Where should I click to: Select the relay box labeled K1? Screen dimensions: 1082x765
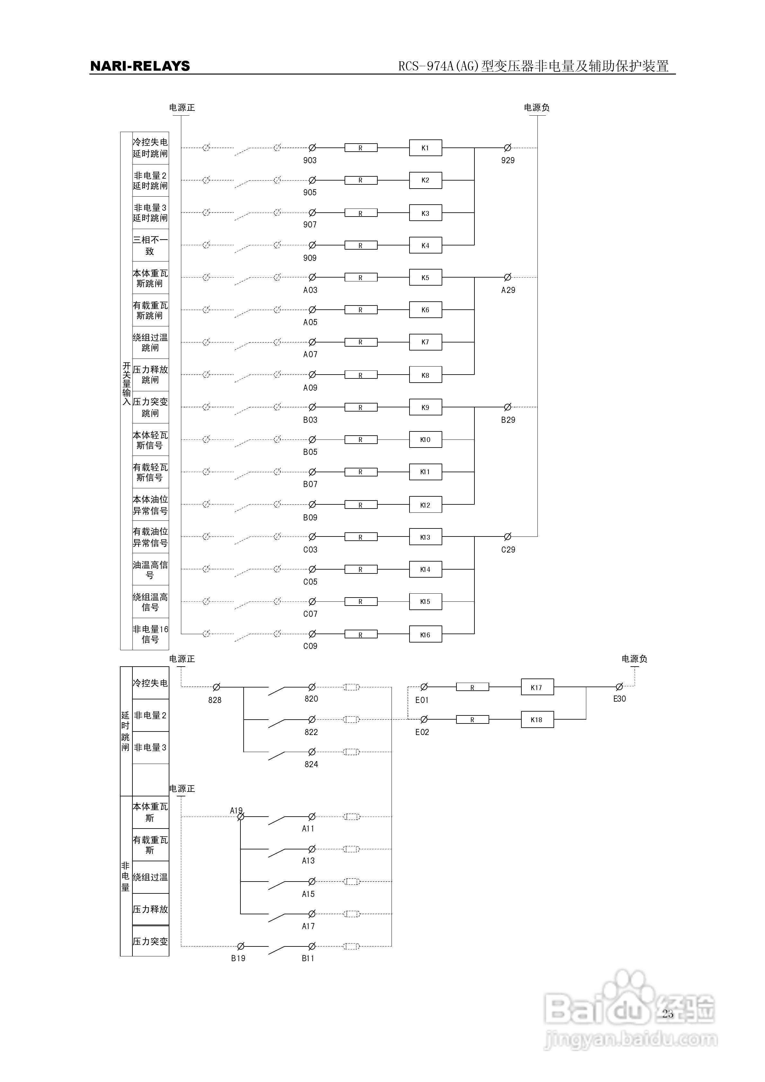coord(425,148)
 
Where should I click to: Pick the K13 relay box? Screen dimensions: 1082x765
coord(425,537)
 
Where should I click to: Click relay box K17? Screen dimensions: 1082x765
coord(537,687)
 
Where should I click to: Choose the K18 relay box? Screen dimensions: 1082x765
coord(537,720)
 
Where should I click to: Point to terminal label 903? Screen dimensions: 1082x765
coord(310,161)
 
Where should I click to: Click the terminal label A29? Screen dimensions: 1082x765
coord(508,290)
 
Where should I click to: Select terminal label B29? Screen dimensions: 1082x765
coord(508,420)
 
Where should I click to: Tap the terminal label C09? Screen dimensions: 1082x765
coord(310,646)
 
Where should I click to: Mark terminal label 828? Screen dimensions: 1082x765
coord(215,700)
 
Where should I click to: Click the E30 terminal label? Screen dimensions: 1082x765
coord(619,699)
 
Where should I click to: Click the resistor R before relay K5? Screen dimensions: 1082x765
coord(361,278)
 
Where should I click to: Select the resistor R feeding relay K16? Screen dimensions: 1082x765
coord(361,634)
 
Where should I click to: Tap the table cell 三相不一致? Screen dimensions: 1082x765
coord(150,245)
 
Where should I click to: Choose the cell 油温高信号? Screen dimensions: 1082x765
coord(150,570)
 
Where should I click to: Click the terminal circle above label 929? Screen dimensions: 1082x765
coord(508,148)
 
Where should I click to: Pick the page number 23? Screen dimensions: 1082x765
coord(667,1014)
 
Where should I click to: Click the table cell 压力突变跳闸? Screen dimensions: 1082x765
coord(150,407)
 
